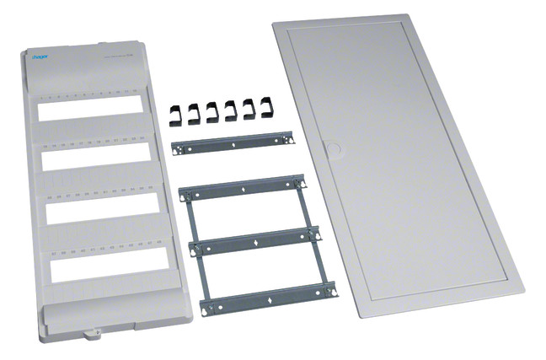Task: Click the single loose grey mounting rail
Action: tap(231, 145)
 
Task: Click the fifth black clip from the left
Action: tap(251, 108)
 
